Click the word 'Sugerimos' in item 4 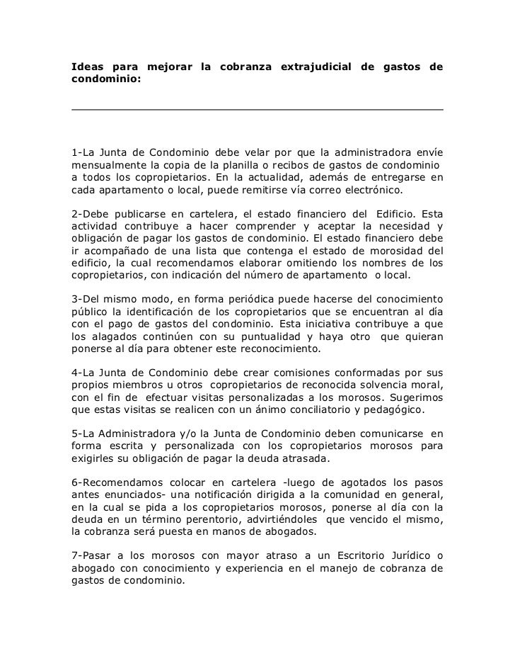click(413, 398)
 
